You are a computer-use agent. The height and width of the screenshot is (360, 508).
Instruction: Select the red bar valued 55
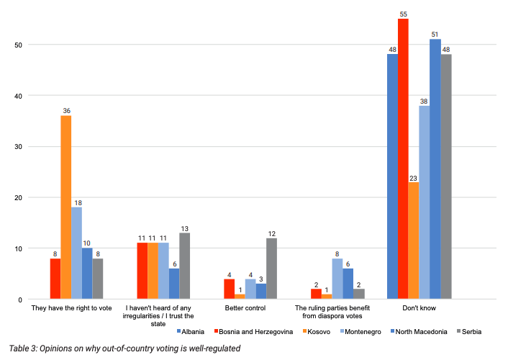tap(403, 158)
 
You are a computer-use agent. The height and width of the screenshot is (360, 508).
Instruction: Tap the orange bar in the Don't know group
tap(414, 240)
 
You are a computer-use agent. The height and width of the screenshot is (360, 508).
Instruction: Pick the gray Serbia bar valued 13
tap(184, 266)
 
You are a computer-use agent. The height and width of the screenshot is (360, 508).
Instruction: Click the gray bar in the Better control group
tap(271, 269)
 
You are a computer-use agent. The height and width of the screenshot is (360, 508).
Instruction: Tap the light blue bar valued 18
tap(77, 253)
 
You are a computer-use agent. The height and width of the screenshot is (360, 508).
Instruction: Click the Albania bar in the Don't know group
tap(392, 176)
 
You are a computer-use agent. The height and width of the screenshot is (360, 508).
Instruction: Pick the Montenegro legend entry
tap(366, 331)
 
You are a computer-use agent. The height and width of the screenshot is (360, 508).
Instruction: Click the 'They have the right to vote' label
tap(71, 308)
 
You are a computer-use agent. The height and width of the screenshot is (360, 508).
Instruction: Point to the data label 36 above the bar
tap(66, 110)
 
